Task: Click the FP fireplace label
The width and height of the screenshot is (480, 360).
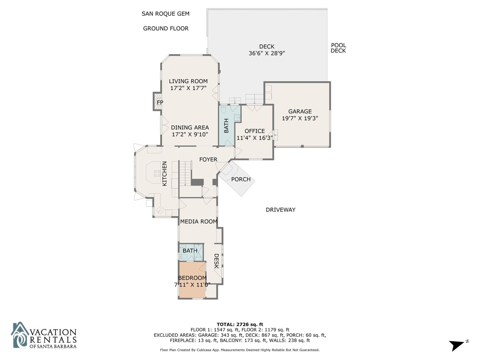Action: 160,102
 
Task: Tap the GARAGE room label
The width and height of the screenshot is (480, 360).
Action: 300,112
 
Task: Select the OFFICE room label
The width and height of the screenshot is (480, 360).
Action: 254,131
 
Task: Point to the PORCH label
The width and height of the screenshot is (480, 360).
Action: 241,179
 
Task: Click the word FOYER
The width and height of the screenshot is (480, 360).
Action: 208,160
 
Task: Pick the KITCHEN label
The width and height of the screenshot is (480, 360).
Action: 164,174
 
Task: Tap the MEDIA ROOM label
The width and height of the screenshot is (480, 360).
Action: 198,222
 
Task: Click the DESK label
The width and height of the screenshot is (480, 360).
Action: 216,261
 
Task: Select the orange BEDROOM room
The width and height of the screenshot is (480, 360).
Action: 192,279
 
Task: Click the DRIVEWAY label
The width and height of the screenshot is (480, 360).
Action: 280,210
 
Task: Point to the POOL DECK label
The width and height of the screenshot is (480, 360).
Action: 338,48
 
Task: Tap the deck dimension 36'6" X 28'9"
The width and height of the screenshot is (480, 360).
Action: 267,53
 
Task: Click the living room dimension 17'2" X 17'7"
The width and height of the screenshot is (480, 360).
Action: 188,88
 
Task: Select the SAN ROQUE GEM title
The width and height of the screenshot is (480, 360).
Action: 166,14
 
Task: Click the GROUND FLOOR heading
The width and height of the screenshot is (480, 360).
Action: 166,28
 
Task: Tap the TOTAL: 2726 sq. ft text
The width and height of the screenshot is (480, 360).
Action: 240,324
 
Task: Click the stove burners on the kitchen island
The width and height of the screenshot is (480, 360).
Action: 157,173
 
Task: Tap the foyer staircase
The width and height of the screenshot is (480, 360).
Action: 185,173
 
